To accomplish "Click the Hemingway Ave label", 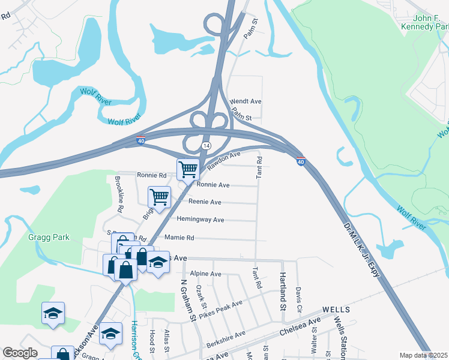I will (200, 220).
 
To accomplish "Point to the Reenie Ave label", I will (205, 202).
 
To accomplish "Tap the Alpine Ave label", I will (205, 274).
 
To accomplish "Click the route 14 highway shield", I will (206, 146).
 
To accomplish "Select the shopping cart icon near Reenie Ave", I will (160, 197).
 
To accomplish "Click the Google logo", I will (20, 353).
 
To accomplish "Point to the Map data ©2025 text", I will (423, 355).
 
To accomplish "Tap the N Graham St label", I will (185, 298).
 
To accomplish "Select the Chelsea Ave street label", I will (300, 328).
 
